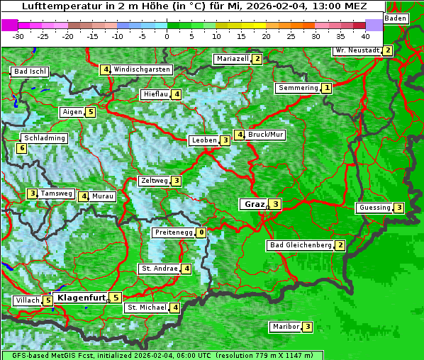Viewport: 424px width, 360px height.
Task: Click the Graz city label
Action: pos(253,204)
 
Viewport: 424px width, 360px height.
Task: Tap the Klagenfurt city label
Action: pos(82,298)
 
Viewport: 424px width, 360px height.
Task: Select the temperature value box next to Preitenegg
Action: pos(201,232)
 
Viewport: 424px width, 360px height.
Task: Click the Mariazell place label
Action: pos(232,59)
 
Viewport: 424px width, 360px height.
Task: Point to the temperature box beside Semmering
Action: pos(326,88)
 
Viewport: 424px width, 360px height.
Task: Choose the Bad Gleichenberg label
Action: pos(301,245)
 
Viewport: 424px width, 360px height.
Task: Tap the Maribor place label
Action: pos(285,327)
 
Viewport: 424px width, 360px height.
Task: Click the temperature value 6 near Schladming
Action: pos(21,148)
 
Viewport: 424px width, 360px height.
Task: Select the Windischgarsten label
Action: pos(142,69)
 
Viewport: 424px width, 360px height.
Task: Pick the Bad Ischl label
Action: pos(30,72)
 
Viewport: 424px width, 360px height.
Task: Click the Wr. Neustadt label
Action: pos(357,50)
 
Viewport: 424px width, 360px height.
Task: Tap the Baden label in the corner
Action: pos(396,18)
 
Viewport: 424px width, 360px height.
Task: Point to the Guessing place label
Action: pos(375,208)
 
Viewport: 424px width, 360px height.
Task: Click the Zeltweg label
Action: pos(155,181)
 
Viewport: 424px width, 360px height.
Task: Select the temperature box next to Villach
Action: pos(48,300)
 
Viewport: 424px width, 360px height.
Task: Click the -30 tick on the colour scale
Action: pos(18,35)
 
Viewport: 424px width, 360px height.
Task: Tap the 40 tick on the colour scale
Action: pos(365,35)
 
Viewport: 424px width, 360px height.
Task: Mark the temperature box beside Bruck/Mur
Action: pos(240,135)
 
